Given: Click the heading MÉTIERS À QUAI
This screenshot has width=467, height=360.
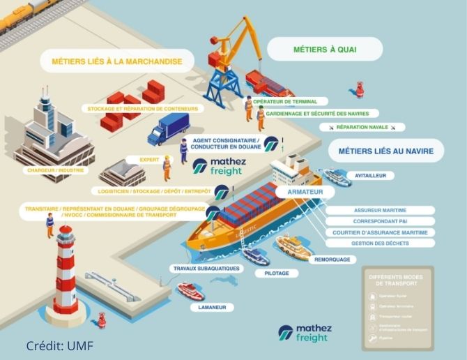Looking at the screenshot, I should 325,49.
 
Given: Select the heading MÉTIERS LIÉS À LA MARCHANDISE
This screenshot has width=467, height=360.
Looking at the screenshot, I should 116,61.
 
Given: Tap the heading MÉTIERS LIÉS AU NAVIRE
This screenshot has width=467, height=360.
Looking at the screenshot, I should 385,151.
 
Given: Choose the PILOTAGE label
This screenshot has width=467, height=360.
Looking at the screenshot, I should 276,273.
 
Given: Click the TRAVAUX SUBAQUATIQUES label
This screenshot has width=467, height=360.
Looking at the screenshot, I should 206,268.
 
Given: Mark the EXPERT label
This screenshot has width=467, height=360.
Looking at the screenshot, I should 149,160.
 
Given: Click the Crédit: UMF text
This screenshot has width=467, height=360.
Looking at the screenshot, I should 59,346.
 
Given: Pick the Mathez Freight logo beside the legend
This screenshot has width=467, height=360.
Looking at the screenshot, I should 305,333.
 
